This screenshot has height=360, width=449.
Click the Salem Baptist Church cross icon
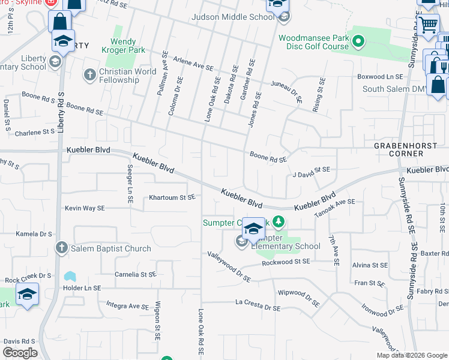pos(61,248)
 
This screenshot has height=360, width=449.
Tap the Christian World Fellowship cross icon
pos(89,75)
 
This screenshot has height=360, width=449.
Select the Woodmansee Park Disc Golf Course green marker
pos(358,42)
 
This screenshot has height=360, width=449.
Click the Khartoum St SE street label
pos(172,197)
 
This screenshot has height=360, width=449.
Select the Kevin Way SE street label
pos(85,208)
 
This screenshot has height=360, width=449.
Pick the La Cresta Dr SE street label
pos(258,307)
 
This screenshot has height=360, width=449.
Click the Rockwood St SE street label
pos(286,262)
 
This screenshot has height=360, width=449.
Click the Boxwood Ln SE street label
pos(380,77)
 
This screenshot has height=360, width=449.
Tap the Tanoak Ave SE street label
pos(334,208)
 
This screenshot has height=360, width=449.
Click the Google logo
pos(20,353)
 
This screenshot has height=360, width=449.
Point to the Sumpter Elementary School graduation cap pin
pos(254,229)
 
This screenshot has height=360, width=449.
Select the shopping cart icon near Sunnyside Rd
pos(427,25)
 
